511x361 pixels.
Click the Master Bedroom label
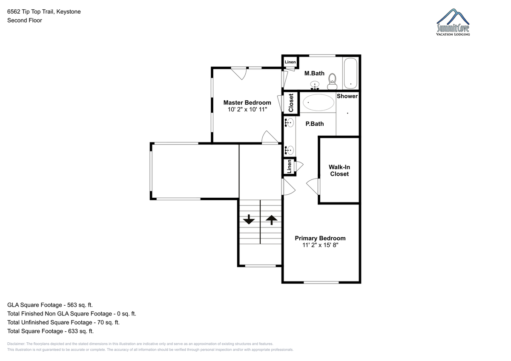pyautogui.click(x=247, y=102)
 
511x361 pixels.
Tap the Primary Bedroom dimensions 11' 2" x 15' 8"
pyautogui.click(x=320, y=245)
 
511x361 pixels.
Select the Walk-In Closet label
pyautogui.click(x=339, y=171)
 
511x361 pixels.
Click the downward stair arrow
pyautogui.click(x=249, y=219)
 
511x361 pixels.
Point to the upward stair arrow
pyautogui.click(x=272, y=220)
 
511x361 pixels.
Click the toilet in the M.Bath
pyautogui.click(x=332, y=82)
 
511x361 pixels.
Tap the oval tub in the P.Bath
pyautogui.click(x=318, y=102)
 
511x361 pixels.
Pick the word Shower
pyautogui.click(x=347, y=96)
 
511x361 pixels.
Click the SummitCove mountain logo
pyautogui.click(x=453, y=22)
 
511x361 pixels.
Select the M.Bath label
pyautogui.click(x=314, y=73)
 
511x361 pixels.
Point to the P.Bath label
pyautogui.click(x=315, y=124)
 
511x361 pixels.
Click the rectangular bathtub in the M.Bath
pyautogui.click(x=350, y=73)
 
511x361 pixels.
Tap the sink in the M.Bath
pyautogui.click(x=315, y=85)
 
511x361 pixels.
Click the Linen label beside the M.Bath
pyautogui.click(x=290, y=62)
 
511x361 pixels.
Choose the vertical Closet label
pyautogui.click(x=291, y=103)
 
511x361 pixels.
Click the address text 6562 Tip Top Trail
pyautogui.click(x=31, y=11)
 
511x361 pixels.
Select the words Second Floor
pyautogui.click(x=25, y=20)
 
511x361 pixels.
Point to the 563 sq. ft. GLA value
pyautogui.click(x=80, y=305)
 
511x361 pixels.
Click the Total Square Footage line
pyautogui.click(x=50, y=331)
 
